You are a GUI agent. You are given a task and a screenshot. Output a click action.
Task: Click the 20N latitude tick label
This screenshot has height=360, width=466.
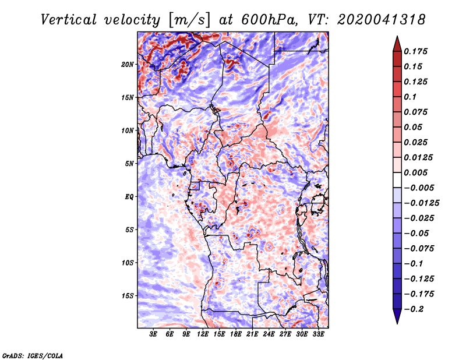128,65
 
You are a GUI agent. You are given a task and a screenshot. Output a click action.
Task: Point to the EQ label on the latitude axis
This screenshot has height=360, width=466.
129,197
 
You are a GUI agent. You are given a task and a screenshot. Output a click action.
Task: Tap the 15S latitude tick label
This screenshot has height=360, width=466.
128,296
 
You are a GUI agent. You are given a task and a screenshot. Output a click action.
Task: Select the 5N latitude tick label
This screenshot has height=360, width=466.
129,164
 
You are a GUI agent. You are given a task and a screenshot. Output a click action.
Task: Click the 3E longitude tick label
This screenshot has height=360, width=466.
153,334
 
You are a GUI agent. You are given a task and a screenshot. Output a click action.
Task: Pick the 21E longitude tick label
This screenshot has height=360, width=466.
252,334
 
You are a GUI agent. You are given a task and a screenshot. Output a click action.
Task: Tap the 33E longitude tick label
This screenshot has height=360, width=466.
318,334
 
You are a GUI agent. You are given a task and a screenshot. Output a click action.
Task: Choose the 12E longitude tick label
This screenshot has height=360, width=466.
203,334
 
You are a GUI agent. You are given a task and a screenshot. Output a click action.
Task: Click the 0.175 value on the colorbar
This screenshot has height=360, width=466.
415,51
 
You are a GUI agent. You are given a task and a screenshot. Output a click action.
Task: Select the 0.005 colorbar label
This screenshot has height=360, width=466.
415,172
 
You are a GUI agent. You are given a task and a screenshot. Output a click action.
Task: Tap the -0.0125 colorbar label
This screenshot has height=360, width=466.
422,203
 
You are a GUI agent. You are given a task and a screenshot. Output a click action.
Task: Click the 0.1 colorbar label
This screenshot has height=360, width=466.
410,97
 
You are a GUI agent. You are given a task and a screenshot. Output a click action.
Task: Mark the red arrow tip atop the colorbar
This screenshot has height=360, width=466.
397,36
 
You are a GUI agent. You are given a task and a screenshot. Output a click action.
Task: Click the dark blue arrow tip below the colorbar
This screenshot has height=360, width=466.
397,323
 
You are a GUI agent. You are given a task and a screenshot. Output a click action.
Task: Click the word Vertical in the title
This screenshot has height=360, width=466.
69,20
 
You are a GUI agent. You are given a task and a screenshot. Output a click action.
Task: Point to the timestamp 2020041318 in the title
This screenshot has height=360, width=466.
382,20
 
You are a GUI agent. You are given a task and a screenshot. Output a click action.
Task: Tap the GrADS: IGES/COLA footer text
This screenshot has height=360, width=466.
33,356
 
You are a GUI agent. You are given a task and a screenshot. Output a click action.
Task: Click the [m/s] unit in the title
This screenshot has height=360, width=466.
190,20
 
